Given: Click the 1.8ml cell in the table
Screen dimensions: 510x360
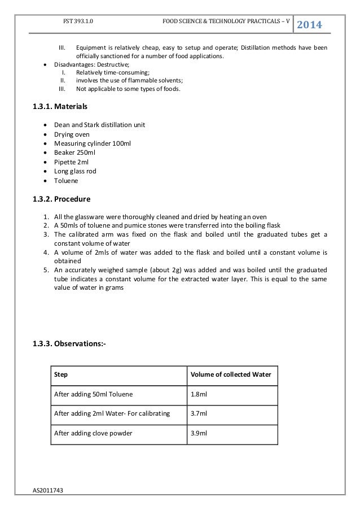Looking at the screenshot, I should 199,394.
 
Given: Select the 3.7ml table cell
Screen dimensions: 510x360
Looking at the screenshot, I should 199,414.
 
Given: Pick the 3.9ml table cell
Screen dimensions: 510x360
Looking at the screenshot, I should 199,433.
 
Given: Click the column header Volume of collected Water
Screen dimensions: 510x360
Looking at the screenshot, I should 231,374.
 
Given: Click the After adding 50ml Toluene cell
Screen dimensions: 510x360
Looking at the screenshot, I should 93,394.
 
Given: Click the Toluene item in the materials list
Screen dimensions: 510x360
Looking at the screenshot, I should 66,182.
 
